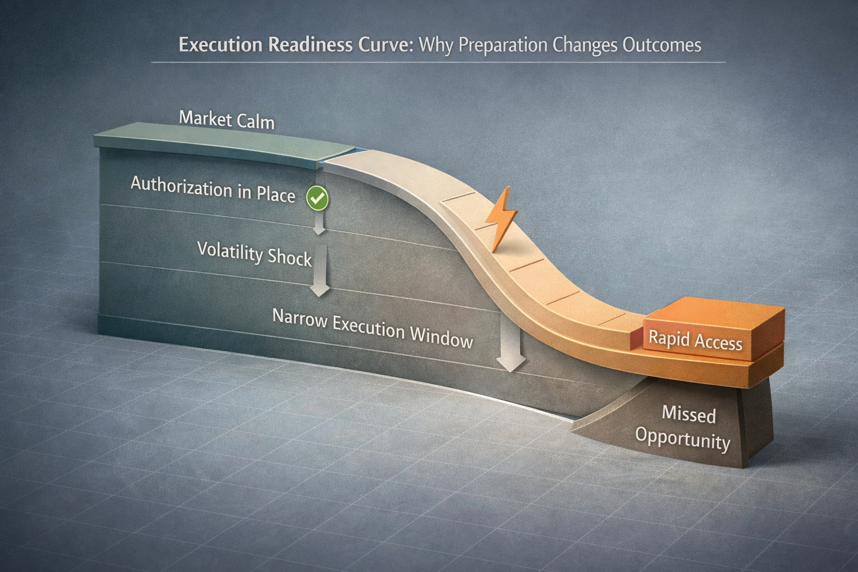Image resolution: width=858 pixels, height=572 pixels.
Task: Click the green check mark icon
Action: pyautogui.click(x=317, y=198)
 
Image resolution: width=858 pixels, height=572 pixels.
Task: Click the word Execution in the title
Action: pyautogui.click(x=221, y=45)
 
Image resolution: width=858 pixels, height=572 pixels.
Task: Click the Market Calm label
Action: pyautogui.click(x=227, y=120)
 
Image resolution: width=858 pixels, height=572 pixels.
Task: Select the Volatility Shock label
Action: pyautogui.click(x=254, y=254)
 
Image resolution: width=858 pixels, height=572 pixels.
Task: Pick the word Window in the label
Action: pyautogui.click(x=441, y=336)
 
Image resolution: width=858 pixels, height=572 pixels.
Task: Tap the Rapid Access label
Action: pyautogui.click(x=695, y=340)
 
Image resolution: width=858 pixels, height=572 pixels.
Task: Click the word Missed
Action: pyautogui.click(x=688, y=414)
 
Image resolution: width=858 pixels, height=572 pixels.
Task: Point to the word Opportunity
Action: pyautogui.click(x=683, y=439)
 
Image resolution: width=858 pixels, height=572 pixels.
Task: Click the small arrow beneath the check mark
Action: pyautogui.click(x=319, y=223)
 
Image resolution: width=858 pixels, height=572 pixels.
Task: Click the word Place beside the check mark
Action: pyautogui.click(x=275, y=194)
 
